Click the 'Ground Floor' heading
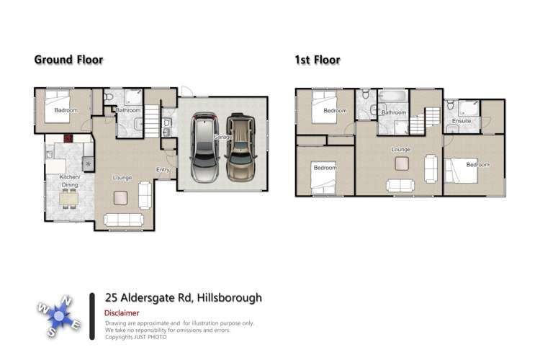pyautogui.click(x=68, y=60)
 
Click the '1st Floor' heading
pyautogui.click(x=318, y=60)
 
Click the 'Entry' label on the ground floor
pyautogui.click(x=163, y=170)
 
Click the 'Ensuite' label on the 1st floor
pyautogui.click(x=462, y=121)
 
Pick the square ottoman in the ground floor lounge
pyautogui.click(x=121, y=197)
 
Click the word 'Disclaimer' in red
pyautogui.click(x=122, y=313)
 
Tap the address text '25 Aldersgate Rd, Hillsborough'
pyautogui.click(x=183, y=297)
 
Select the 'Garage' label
pyautogui.click(x=222, y=137)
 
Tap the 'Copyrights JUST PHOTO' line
pyautogui.click(x=137, y=337)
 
